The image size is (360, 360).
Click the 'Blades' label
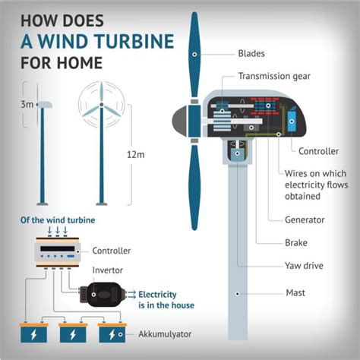click(251, 53)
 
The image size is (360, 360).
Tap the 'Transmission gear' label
click(274, 76)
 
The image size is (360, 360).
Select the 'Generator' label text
click(305, 219)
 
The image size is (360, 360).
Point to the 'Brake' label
click(296, 243)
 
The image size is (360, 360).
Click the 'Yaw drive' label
click(304, 266)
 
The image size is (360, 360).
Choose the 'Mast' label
click(295, 293)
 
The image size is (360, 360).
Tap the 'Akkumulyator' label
click(165, 334)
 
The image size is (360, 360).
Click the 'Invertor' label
click(108, 270)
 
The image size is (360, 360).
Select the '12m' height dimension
click(136, 155)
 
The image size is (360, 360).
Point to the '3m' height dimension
click(27, 104)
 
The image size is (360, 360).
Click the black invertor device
click(101, 295)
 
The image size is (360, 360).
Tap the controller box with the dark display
click(58, 252)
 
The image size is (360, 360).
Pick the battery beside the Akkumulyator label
click(112, 333)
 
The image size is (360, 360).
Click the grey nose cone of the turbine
click(181, 122)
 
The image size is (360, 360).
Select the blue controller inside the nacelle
click(292, 121)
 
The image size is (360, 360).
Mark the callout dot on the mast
click(238, 294)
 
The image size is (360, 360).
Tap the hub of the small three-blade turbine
click(102, 104)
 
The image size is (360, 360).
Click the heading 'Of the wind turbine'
click(58, 220)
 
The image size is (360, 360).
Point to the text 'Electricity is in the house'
click(166, 300)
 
